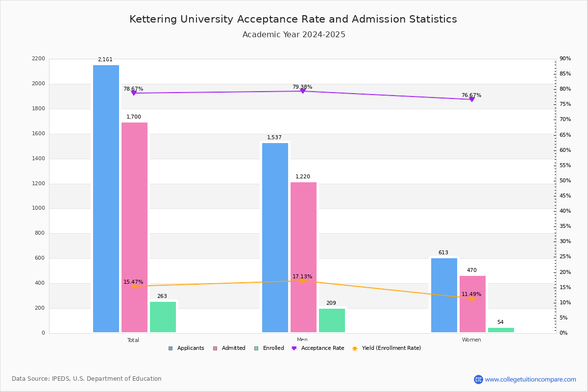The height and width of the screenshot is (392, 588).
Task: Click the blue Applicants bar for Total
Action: click(x=106, y=198)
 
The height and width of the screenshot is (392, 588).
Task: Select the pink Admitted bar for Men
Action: click(x=303, y=257)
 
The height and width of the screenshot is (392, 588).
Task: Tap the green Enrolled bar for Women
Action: click(x=501, y=330)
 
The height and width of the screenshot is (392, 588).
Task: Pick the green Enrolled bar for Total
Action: click(x=163, y=317)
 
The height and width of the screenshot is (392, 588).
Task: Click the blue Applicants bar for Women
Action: click(x=444, y=295)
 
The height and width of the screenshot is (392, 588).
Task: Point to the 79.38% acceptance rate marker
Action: click(x=302, y=91)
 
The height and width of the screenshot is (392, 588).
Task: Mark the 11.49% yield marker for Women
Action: click(x=471, y=298)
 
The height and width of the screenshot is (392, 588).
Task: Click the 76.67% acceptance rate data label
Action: click(x=471, y=96)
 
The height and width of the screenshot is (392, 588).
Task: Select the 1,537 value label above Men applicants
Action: click(x=274, y=138)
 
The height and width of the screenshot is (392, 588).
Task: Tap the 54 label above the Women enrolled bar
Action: click(x=500, y=322)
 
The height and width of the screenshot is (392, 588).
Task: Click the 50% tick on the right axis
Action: click(x=565, y=181)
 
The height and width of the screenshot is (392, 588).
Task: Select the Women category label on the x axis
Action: click(x=471, y=340)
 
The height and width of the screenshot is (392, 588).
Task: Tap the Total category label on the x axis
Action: click(x=133, y=340)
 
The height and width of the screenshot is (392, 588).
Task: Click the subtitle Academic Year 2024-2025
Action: click(x=294, y=35)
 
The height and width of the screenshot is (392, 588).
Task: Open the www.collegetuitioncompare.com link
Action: click(x=530, y=379)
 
